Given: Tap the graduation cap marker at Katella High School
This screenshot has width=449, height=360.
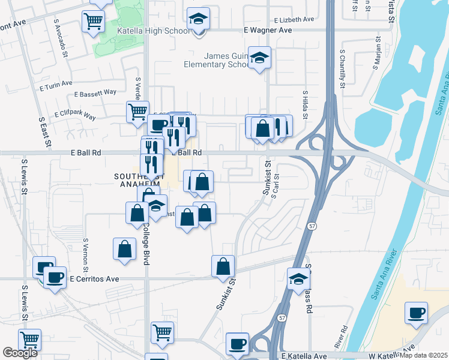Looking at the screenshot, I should [x=198, y=20].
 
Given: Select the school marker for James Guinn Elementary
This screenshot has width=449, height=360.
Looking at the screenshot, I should [x=259, y=58].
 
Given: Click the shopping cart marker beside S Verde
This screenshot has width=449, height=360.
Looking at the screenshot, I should [x=137, y=111].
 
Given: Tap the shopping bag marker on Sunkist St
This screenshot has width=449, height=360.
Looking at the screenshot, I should [x=223, y=266].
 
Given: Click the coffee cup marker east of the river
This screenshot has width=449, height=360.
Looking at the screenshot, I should [x=416, y=313].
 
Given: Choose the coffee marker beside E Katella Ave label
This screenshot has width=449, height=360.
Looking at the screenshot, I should [x=238, y=344].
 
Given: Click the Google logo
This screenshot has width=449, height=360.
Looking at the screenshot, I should [x=20, y=352].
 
